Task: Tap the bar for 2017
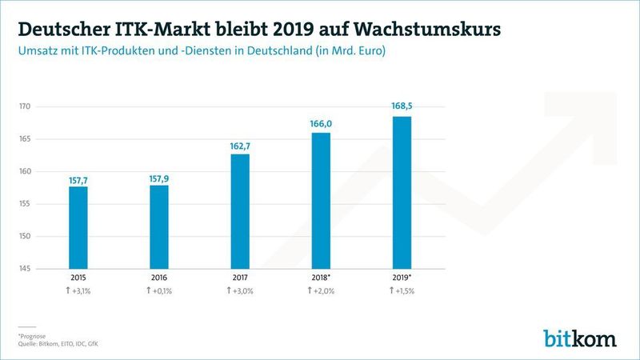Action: click(239, 211)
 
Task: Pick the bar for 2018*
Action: click(320, 200)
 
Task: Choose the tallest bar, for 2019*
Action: click(401, 192)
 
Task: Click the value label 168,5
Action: click(401, 106)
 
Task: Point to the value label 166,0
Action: click(320, 123)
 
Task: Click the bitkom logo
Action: click(580, 338)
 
